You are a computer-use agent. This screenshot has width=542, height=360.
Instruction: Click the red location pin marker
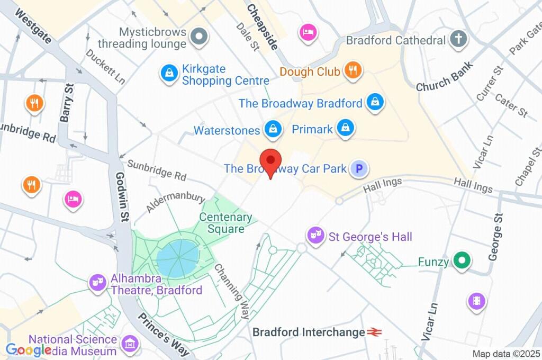(271, 161)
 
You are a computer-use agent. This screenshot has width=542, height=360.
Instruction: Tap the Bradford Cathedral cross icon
(458, 39)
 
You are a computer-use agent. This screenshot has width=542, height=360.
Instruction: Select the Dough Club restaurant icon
(352, 70)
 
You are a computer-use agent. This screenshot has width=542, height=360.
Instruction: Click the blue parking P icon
(359, 169)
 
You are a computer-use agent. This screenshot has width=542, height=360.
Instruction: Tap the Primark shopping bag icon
(345, 128)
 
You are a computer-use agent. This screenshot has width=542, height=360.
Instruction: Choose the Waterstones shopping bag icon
(273, 129)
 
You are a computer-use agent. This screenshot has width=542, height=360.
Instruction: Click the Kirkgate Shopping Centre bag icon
(169, 73)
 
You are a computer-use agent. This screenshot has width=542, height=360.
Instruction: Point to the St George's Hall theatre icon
(315, 235)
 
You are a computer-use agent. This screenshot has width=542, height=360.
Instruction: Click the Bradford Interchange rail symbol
(375, 332)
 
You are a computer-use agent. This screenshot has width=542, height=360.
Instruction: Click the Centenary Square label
(226, 223)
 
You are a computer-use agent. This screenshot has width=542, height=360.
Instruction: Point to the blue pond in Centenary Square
(177, 258)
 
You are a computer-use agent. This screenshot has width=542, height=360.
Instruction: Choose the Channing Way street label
(232, 291)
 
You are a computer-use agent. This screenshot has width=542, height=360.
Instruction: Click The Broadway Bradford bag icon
(375, 102)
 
